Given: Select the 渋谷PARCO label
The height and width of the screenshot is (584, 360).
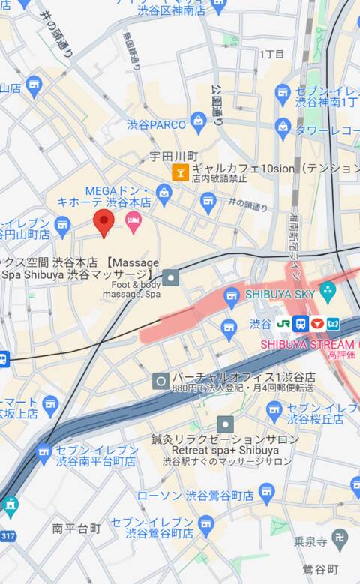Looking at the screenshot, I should tap(156, 124).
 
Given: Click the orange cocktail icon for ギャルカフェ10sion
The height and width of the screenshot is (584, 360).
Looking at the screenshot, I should tap(180, 172).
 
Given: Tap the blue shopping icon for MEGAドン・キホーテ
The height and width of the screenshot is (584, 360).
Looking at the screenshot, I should tap(163, 196).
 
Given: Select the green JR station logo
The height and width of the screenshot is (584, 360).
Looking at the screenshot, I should tap(283, 324).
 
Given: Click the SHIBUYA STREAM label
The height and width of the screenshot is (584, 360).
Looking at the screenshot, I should tap(307, 344).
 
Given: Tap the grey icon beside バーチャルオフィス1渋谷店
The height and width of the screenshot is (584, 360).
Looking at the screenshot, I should tap(160, 381).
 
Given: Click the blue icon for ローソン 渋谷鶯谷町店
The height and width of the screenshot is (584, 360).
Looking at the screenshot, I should tap(265, 492).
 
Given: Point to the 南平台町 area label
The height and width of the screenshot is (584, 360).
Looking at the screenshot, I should tap(76, 529).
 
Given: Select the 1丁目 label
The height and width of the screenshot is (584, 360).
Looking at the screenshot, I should tap(271, 54).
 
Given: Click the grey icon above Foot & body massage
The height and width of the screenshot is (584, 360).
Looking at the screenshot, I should tap(171, 278).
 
